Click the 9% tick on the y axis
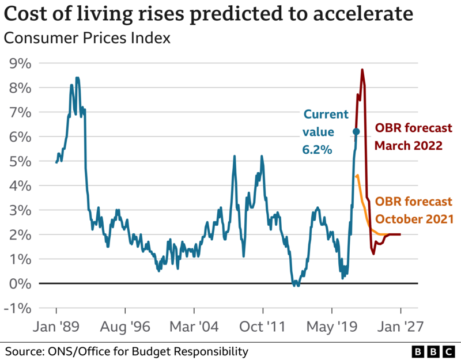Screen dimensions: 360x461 coord(21,63)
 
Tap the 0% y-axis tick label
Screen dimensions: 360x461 coord(21,283)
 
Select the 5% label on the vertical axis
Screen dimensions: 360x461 coord(21,161)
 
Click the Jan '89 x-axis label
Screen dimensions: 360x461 coord(56,327)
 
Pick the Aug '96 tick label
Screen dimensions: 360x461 coord(124,327)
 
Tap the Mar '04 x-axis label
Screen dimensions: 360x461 coord(194,327)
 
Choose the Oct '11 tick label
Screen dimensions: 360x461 coord(263,327)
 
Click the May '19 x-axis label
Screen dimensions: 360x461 coord(332,327)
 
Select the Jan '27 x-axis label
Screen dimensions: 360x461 coord(400,327)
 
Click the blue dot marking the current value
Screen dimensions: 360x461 coord(356,131)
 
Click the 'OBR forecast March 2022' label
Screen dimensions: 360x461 coord(408,137)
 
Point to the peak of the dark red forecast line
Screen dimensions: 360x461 coord(362,70)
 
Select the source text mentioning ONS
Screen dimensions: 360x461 coord(127,351)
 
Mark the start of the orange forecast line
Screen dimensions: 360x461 coord(358,176)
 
